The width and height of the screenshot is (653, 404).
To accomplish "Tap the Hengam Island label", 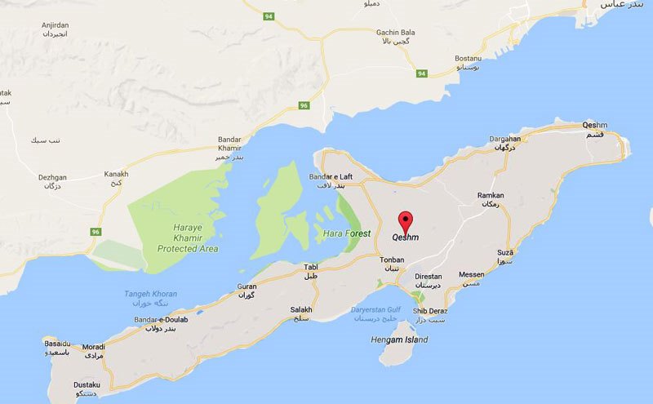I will point(398,338).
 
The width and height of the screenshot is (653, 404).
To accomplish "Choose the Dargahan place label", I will point(504,140).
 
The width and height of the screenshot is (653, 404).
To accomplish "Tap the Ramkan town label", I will point(491,196).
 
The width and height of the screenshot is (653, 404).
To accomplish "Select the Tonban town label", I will point(392,260).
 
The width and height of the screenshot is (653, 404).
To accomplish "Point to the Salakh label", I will point(301,309).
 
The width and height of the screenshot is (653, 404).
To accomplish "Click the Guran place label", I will point(247,286).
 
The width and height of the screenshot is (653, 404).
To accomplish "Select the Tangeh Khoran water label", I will point(150,294).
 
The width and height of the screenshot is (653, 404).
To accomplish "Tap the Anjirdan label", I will point(56,25).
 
